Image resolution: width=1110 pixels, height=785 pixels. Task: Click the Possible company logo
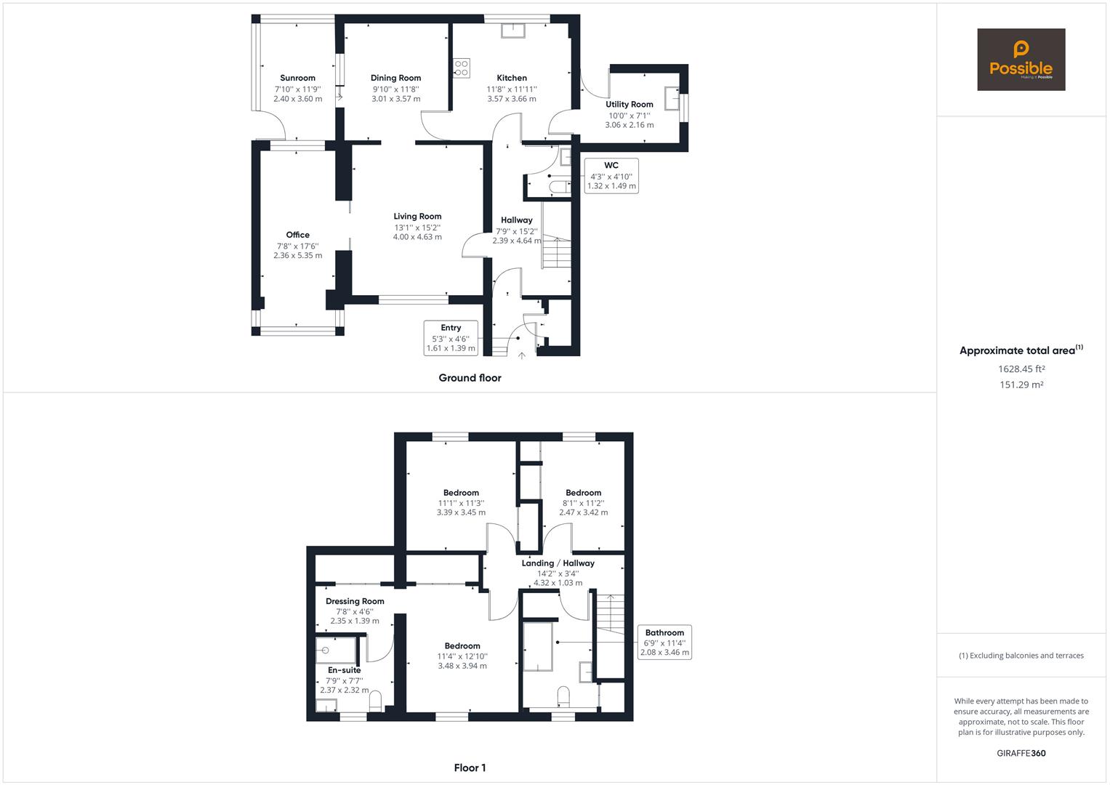pyautogui.click(x=1021, y=60)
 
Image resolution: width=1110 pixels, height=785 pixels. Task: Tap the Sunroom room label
pyautogui.click(x=297, y=78)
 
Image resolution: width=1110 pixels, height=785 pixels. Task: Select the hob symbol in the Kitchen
pyautogui.click(x=462, y=68)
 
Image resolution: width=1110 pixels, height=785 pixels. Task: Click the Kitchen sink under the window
pyautogui.click(x=513, y=31)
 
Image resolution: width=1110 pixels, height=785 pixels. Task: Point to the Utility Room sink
pyautogui.click(x=672, y=98)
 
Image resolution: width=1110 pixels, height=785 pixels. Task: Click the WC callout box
pyautogui.click(x=611, y=175)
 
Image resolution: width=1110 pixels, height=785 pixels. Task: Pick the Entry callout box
pyautogui.click(x=451, y=338)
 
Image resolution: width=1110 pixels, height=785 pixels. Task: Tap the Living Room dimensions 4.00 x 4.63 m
pyautogui.click(x=417, y=237)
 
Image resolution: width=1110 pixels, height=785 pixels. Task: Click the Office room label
pyautogui.click(x=297, y=235)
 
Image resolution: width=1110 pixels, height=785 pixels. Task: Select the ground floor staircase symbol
pyautogui.click(x=557, y=253)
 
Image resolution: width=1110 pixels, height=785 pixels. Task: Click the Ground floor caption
pyautogui.click(x=470, y=378)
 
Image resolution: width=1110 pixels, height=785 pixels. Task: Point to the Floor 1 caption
pyautogui.click(x=470, y=768)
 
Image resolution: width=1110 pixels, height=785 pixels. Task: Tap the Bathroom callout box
pyautogui.click(x=664, y=643)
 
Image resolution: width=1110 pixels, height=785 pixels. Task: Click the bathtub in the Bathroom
pyautogui.click(x=538, y=647)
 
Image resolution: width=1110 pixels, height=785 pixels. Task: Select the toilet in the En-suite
pyautogui.click(x=375, y=701)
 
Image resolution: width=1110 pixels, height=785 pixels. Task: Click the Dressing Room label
pyautogui.click(x=355, y=601)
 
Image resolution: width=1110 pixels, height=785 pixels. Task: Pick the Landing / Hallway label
pyautogui.click(x=558, y=563)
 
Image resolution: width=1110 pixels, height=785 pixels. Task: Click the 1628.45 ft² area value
pyautogui.click(x=1021, y=369)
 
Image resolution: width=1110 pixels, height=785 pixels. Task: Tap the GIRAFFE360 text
pyautogui.click(x=1021, y=753)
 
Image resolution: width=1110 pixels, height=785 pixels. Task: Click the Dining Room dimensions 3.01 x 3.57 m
pyautogui.click(x=396, y=99)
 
